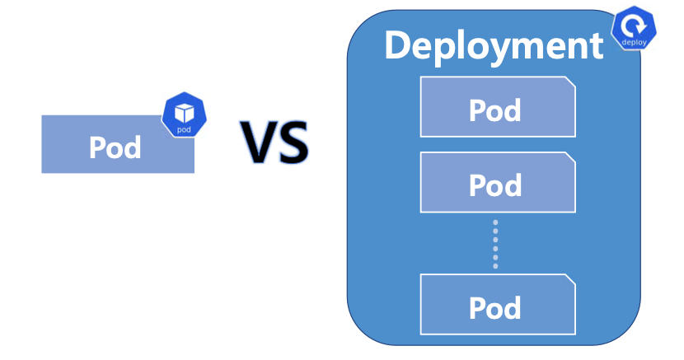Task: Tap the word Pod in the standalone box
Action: [x=115, y=147]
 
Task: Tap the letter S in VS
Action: [x=293, y=142]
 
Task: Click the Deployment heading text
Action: [x=494, y=45]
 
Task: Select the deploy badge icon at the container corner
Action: [x=634, y=31]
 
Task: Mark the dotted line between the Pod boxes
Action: [x=495, y=244]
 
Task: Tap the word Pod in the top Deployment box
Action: [x=495, y=110]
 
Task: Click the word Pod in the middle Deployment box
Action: [x=495, y=185]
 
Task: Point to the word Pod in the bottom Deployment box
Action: [x=495, y=307]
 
